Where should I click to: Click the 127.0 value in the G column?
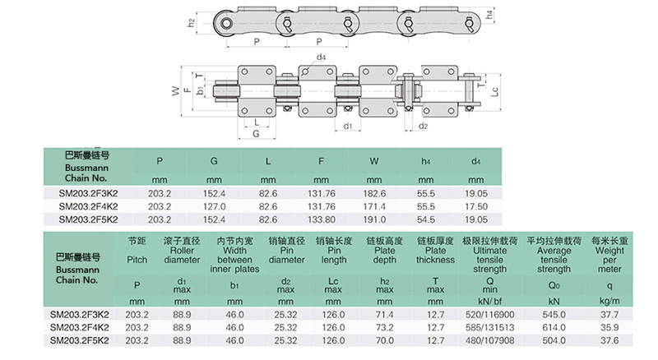coord(214,206)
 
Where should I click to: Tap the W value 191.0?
coord(374,219)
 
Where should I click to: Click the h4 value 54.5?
coord(426,219)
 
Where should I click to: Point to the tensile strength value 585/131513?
coord(483,327)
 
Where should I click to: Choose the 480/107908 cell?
coord(483,339)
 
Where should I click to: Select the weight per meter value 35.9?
coord(609,327)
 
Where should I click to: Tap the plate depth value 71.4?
coord(385,314)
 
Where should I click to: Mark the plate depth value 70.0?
coord(385,339)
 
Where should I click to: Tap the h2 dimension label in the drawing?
coord(192,23)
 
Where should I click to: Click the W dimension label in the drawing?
coord(174,92)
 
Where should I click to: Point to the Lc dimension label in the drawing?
coord(494,93)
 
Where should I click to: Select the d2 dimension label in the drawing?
coord(423,127)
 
